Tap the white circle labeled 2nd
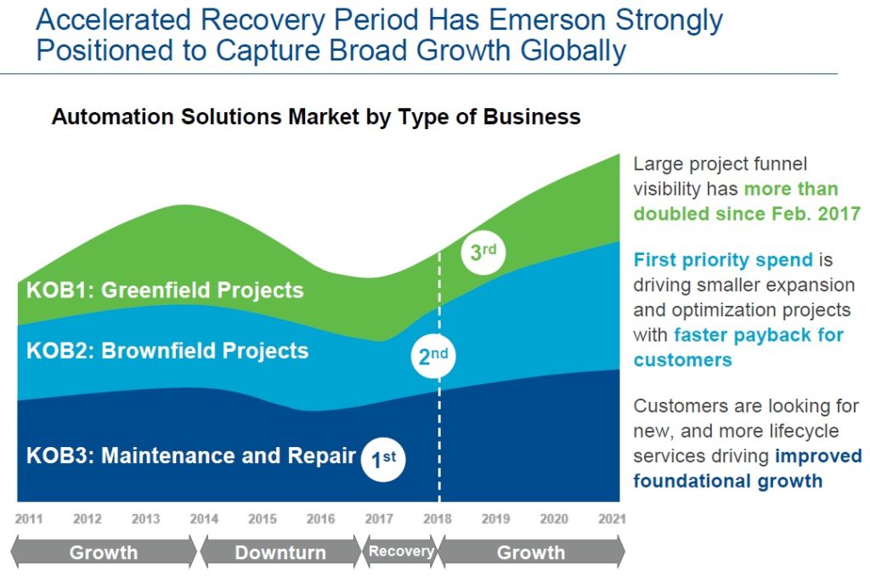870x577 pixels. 433,356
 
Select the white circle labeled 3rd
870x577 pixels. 483,252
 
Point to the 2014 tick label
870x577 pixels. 204,519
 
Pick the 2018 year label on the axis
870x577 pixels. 438,519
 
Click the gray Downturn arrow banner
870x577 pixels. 280,552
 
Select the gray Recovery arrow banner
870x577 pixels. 400,552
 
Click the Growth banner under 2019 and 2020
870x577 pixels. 531,552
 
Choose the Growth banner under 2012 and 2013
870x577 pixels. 103,552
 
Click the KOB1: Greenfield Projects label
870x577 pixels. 165,290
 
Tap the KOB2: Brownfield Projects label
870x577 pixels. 167,351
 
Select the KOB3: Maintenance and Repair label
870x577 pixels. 191,455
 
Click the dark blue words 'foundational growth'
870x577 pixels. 728,481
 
